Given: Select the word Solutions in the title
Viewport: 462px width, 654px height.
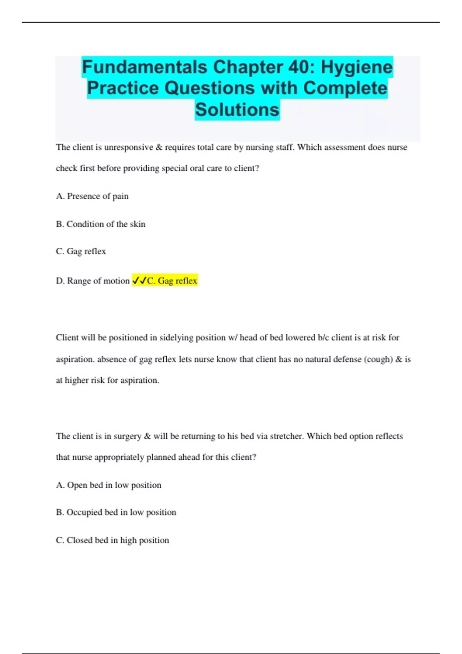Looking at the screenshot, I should pyautogui.click(x=237, y=110).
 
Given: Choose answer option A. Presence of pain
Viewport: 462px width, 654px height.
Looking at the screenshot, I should pyautogui.click(x=92, y=196).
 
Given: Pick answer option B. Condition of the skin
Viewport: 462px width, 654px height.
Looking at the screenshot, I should pyautogui.click(x=101, y=224).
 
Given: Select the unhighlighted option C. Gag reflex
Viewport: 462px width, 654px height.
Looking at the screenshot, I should pyautogui.click(x=81, y=251).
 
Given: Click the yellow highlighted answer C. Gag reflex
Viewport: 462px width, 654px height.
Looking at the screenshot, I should pyautogui.click(x=172, y=281).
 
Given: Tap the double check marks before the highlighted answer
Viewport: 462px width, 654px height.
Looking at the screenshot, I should pyautogui.click(x=139, y=281).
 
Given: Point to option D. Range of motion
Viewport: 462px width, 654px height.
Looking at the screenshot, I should pyautogui.click(x=93, y=281).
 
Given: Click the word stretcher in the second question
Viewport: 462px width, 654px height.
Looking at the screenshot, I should pyautogui.click(x=286, y=436).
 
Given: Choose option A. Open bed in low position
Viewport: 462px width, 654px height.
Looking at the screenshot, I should pyautogui.click(x=109, y=485).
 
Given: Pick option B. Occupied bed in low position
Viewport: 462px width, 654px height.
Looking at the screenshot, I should pyautogui.click(x=116, y=512).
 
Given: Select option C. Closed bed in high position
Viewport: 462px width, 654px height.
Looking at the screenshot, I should pyautogui.click(x=112, y=540).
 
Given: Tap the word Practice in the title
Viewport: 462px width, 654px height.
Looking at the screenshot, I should pyautogui.click(x=123, y=88).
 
